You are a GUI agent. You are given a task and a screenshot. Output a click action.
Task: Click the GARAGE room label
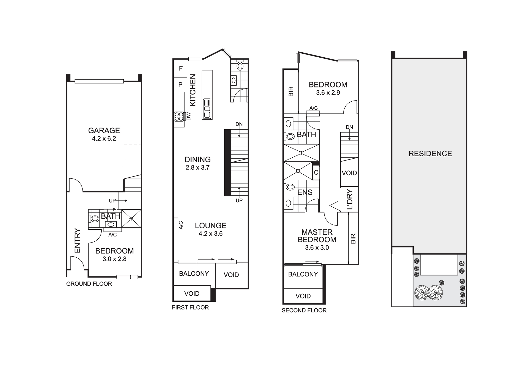tap(104, 130)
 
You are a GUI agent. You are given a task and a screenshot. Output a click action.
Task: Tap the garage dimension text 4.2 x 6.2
tap(104, 139)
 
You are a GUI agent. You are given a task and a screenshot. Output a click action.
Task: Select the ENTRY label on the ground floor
tap(77, 240)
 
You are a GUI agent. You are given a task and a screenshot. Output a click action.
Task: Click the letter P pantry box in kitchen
tap(180, 85)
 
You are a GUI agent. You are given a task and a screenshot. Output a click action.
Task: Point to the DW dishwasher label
tap(189, 116)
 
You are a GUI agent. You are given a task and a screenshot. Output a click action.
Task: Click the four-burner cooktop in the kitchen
tap(179, 116)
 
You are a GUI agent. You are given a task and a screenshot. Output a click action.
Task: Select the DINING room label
tap(198, 159)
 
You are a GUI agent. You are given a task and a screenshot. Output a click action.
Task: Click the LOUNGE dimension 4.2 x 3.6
tap(210, 234)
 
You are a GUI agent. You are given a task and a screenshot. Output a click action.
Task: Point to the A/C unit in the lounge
tap(176, 225)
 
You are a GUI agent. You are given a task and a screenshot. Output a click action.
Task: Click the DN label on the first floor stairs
tap(239, 124)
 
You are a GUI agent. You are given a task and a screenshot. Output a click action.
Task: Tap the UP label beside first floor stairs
tap(239, 201)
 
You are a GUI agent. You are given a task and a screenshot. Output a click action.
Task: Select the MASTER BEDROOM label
tap(317, 236)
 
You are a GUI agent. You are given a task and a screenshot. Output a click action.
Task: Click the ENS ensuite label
tap(305, 192)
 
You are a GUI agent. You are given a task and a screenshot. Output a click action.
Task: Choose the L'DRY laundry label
tap(350, 199)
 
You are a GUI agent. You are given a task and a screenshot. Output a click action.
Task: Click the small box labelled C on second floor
tap(316, 173)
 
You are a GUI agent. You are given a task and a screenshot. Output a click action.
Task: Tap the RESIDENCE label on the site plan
tap(430, 153)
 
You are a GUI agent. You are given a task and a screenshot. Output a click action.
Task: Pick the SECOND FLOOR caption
tap(304, 311)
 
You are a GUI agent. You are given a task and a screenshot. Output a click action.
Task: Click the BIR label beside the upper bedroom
tap(291, 91)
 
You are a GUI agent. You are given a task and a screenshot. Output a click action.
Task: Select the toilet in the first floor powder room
tap(240, 66)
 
